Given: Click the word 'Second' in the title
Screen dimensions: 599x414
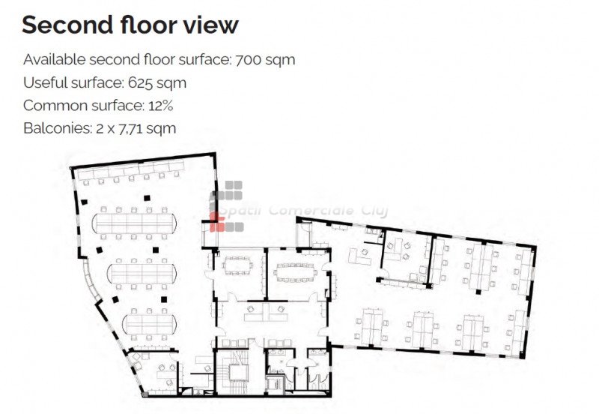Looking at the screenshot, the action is click(x=67, y=25).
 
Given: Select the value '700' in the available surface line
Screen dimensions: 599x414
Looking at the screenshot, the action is click(x=248, y=60).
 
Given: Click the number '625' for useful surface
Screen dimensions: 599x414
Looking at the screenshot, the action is click(x=140, y=82).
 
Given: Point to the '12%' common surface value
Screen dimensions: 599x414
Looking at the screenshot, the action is click(x=161, y=106).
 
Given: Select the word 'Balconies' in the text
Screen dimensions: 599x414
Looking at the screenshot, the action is click(x=58, y=128).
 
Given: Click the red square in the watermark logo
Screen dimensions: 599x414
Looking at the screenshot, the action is click(x=217, y=222).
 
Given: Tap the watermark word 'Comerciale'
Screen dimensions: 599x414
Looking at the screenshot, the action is click(x=311, y=210).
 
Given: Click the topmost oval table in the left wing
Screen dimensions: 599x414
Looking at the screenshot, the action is click(x=134, y=223).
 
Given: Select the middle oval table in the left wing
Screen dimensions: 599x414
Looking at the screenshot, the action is click(x=142, y=273).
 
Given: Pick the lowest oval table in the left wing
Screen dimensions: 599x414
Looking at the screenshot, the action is click(x=149, y=324).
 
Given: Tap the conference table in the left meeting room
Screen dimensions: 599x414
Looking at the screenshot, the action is click(x=237, y=265).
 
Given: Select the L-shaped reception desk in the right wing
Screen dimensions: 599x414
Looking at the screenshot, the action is click(x=359, y=256).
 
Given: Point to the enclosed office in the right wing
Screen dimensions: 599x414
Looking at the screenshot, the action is click(x=406, y=257).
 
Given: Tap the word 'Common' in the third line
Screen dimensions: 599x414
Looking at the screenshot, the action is click(x=55, y=106).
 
